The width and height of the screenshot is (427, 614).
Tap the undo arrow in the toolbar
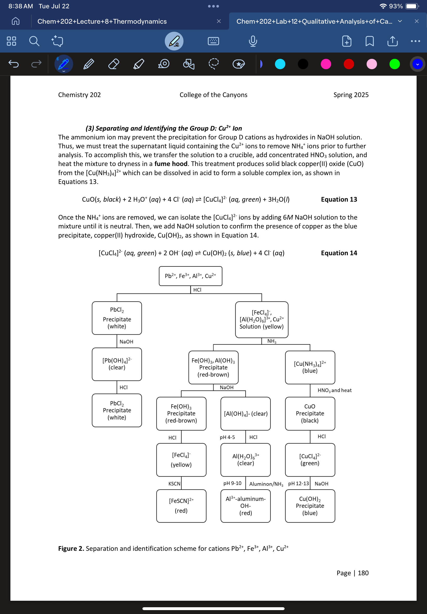click(14, 64)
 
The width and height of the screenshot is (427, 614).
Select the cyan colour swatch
click(280, 64)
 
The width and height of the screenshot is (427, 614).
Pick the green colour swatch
click(394, 64)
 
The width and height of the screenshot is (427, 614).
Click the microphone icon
click(253, 41)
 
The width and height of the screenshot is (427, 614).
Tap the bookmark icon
click(369, 41)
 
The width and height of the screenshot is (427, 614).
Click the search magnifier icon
click(34, 41)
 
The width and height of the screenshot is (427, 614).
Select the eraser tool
click(114, 64)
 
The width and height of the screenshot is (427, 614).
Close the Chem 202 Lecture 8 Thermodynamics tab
click(219, 21)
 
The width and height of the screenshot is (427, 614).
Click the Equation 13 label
click(339, 199)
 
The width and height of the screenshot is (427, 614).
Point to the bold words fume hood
click(171, 164)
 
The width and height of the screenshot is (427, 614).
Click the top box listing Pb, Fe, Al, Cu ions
click(190, 276)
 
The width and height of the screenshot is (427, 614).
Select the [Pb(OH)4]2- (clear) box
click(117, 364)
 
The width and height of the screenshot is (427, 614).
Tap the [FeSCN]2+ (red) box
click(181, 506)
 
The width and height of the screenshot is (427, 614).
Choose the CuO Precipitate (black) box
click(310, 413)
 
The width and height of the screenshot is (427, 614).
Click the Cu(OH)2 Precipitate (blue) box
click(310, 506)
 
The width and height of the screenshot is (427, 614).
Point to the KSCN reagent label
click(174, 484)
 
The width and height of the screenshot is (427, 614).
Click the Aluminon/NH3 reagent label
click(266, 484)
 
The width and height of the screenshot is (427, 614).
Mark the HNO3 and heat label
click(334, 390)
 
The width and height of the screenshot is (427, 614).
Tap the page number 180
click(363, 573)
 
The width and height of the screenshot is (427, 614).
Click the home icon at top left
click(16, 21)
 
